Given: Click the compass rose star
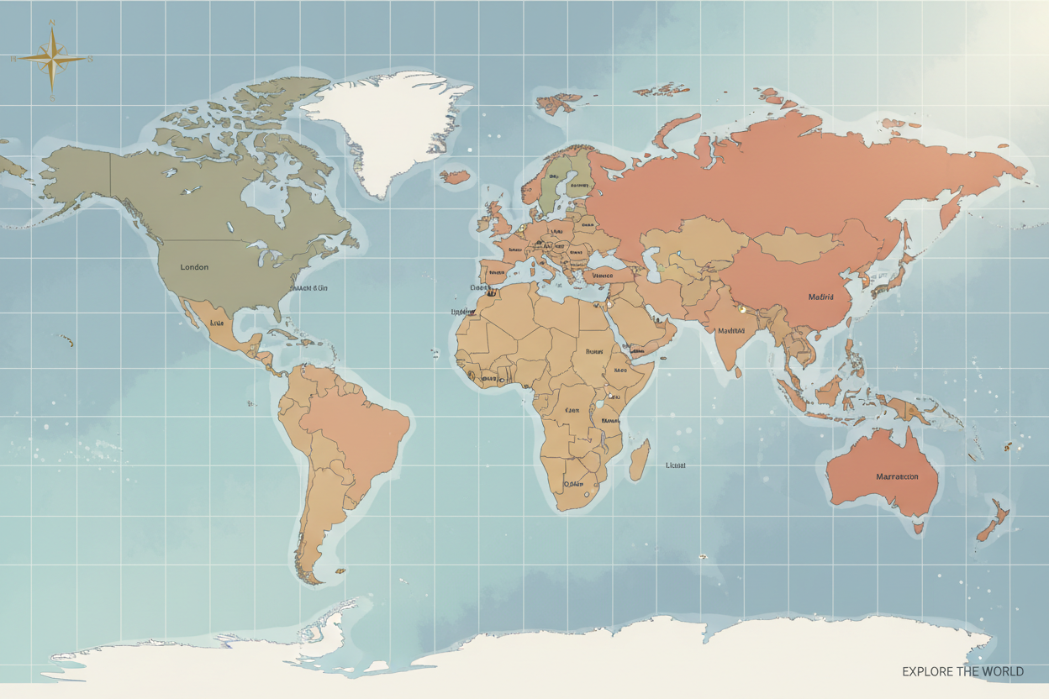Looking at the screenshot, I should [x=52, y=58].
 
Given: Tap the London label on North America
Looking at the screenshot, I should [x=194, y=267].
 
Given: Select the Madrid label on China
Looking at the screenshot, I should [x=820, y=297].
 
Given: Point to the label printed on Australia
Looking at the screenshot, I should [x=897, y=476].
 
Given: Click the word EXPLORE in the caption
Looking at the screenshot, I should [x=928, y=671].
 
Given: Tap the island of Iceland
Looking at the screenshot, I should [x=455, y=176].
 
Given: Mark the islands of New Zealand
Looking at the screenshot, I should [x=992, y=521].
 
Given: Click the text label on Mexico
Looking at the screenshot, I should [x=218, y=323].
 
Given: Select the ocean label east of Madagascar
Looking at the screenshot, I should [x=676, y=465].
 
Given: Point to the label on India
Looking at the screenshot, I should [x=731, y=330].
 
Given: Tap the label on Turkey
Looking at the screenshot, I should [x=603, y=276].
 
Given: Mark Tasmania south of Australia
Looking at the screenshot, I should [x=919, y=528].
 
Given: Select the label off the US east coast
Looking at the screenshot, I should [x=308, y=287].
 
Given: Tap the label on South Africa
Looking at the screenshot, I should [x=574, y=484].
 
